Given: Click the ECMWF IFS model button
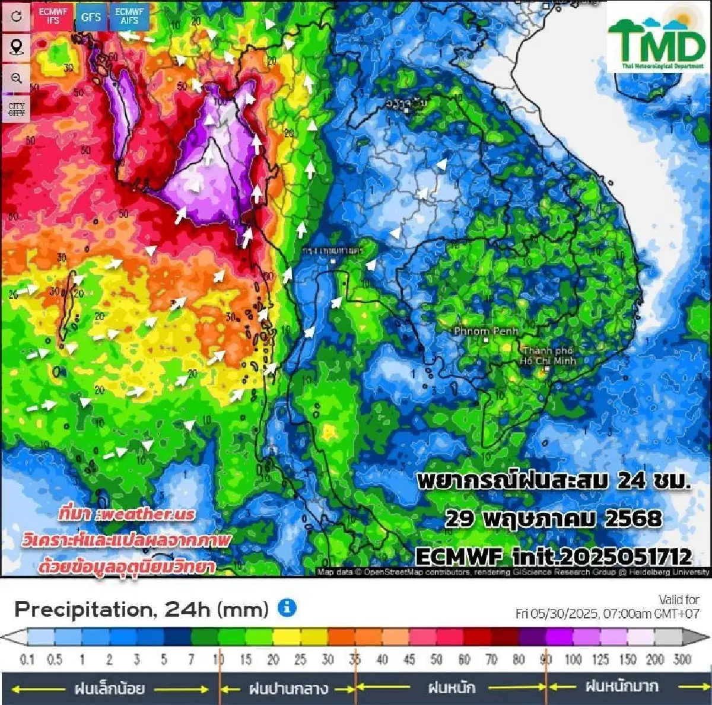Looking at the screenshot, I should tap(53, 16).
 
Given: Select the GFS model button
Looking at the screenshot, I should tap(91, 17).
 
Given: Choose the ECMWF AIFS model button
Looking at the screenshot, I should tap(129, 16).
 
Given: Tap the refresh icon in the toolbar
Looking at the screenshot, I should tap(16, 16).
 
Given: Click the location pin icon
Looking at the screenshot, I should tap(16, 47).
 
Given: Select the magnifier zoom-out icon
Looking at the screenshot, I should tap(16, 78).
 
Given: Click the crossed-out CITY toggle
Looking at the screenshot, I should tap(16, 109).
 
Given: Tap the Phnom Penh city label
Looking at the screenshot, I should tap(486, 331).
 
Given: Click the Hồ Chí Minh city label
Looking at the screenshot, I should tap(547, 356).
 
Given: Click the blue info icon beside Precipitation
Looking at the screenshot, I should tap(287, 608).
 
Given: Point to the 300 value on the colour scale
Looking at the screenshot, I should tap(682, 659).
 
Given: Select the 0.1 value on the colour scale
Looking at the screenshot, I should tap(27, 659).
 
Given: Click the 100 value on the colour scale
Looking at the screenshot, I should tap(573, 659).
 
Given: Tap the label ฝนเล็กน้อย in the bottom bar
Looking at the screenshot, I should tap(110, 689).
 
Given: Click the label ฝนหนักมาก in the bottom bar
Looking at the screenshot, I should tap(621, 687).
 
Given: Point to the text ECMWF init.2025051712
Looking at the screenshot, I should tap(553, 557).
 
